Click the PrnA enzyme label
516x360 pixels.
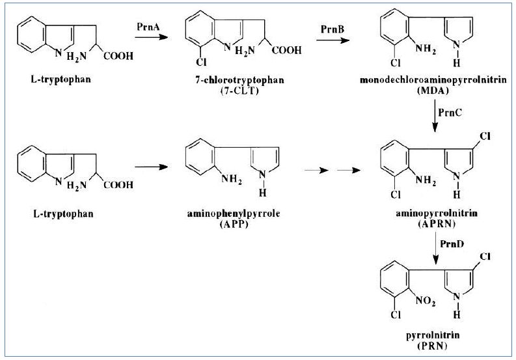click(146, 27)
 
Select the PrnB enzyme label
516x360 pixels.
click(333, 30)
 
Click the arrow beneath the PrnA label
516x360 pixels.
click(146, 37)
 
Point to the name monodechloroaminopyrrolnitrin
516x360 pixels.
click(435, 79)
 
